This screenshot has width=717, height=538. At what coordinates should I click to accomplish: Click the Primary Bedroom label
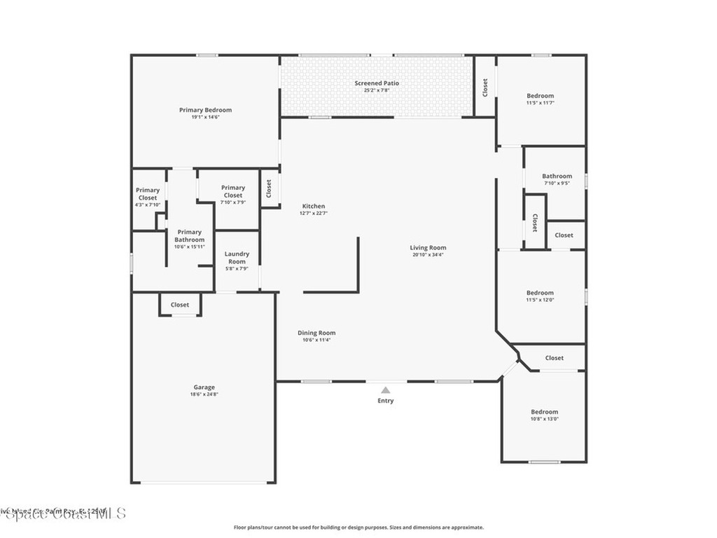(205, 110)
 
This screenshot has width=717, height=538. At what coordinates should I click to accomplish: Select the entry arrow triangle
(385, 390)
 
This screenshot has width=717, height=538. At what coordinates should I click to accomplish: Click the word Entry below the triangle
(385, 401)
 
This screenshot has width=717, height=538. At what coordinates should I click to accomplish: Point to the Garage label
(204, 387)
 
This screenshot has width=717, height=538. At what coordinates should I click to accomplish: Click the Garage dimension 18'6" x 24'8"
(204, 394)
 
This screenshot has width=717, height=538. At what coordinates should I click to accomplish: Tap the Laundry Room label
(237, 257)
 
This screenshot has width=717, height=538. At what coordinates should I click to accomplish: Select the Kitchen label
(313, 206)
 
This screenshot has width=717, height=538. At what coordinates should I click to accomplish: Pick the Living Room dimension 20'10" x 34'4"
(428, 254)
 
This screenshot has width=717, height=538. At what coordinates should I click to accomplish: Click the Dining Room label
(316, 333)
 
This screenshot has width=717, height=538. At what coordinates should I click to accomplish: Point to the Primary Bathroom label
(189, 235)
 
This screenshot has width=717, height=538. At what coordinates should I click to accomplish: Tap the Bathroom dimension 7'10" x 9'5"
(557, 184)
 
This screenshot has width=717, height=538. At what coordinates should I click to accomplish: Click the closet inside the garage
(180, 305)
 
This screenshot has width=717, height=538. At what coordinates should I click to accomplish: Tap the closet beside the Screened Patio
(485, 87)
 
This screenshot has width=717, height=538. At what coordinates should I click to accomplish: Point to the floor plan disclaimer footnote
(358, 527)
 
